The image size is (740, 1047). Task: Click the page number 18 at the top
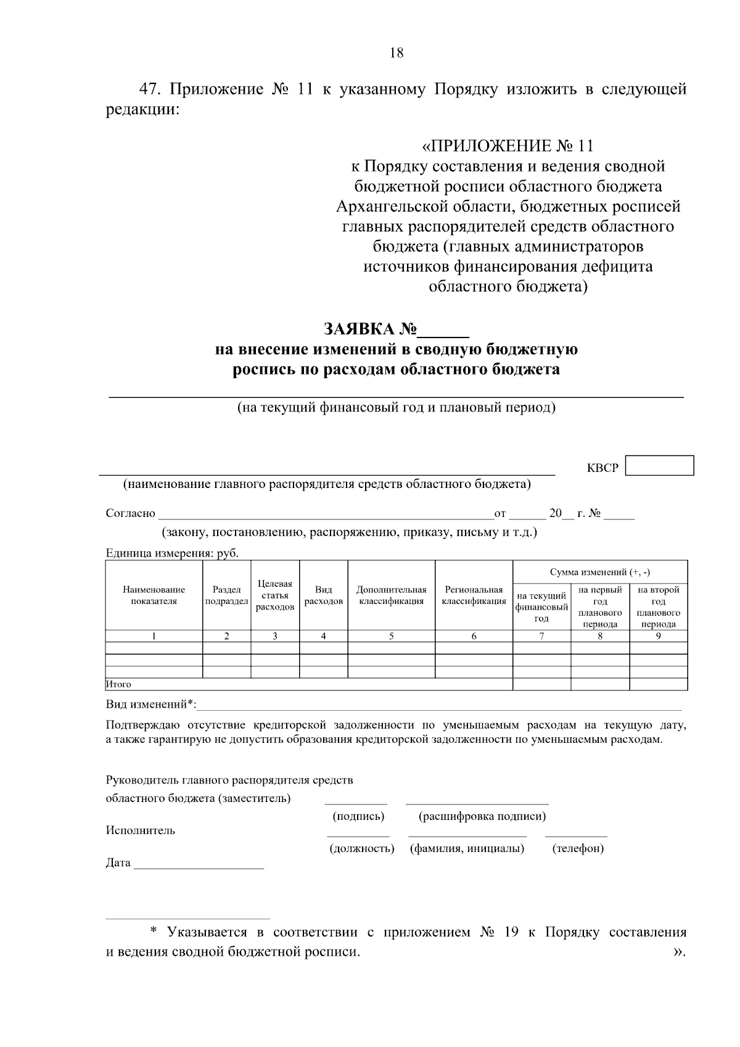(397, 53)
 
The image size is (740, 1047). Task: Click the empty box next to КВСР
(659, 465)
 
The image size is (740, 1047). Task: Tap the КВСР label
(602, 468)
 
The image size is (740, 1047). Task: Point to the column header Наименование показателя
(154, 595)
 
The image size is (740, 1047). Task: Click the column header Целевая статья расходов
(275, 595)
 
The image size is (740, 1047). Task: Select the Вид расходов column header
(324, 595)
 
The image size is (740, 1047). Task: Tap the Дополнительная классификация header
(392, 595)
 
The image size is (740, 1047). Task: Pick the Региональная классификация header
(474, 595)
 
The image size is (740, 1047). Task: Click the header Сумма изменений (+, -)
(599, 572)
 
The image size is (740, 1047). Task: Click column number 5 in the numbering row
(392, 636)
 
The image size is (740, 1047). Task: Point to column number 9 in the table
(658, 636)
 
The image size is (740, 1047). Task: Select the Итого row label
(118, 684)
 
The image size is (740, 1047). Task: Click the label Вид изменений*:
(150, 704)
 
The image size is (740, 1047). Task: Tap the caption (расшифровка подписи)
(482, 816)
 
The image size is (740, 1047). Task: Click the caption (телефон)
(578, 848)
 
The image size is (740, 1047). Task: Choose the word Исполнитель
(141, 830)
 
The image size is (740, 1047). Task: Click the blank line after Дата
(199, 864)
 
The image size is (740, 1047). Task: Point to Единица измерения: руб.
(172, 553)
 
